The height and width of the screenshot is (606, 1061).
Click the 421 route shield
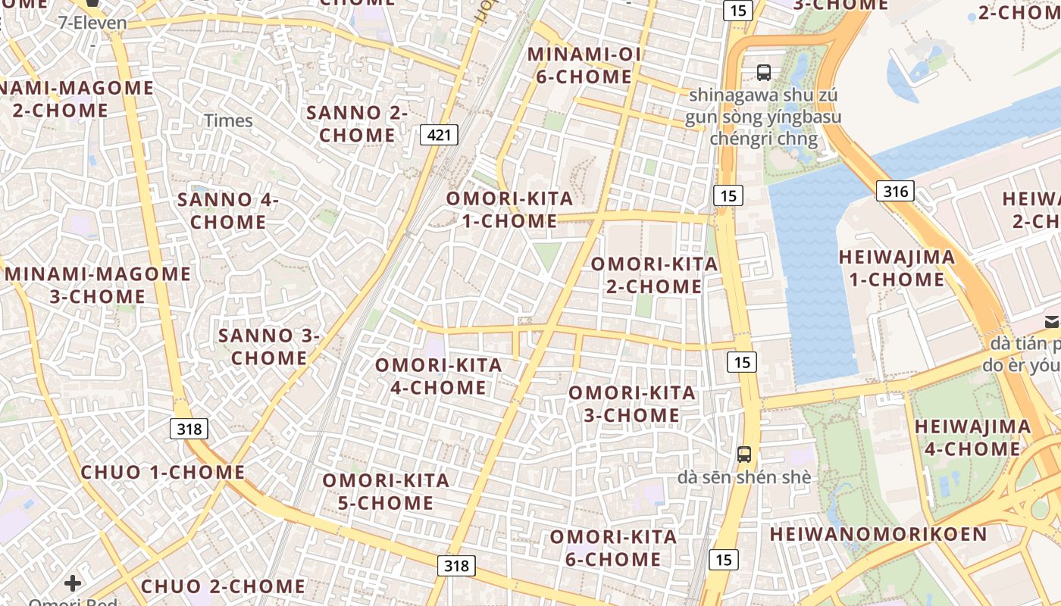pos(438,136)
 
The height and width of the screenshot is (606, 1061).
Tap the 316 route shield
pos(895,191)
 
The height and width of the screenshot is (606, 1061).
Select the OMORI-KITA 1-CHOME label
pos(509,210)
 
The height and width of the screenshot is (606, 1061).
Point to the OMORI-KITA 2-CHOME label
pos(654,275)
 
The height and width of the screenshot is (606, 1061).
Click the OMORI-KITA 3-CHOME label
pos(631,404)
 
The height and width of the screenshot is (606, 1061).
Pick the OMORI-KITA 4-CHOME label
pos(439,376)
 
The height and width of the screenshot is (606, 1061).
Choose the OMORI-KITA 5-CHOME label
pos(386,492)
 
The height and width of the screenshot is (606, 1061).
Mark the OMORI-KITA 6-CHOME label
pos(613,548)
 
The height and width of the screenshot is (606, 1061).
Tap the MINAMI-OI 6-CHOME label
pos(584,65)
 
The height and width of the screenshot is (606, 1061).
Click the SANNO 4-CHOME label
pos(228,211)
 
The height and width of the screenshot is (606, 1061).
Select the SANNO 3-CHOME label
pos(269,346)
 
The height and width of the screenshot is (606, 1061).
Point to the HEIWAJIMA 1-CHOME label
pos(897,268)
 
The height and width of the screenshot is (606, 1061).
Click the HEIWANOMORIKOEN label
pos(878,534)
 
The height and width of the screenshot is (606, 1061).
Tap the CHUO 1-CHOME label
pos(163,472)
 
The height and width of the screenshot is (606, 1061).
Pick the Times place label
pos(228,120)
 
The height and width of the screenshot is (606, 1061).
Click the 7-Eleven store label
pos(92,23)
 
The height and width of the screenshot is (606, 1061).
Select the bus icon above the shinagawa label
pos(764,73)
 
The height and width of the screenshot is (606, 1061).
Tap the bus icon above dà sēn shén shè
pos(744,454)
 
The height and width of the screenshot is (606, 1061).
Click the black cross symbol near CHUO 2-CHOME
pos(73,583)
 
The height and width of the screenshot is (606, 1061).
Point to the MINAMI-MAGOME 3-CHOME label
pos(99,285)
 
